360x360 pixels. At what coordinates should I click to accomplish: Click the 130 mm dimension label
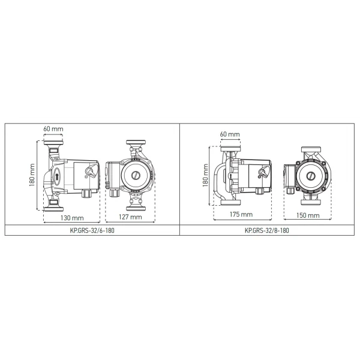(71, 217)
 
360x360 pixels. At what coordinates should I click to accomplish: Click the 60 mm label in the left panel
(53, 128)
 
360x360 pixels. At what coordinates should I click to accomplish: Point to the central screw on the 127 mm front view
(136, 176)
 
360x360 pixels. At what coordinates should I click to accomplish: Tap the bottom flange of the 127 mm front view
(136, 205)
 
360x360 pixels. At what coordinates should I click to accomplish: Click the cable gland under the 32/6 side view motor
(86, 194)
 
